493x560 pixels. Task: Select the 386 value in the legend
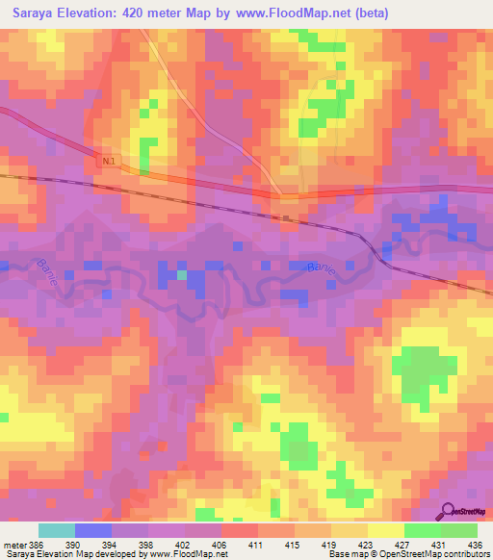click(31, 546)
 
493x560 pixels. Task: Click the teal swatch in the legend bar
click(57, 530)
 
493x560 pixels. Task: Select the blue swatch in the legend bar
click(93, 530)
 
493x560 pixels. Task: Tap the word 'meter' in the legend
click(12, 546)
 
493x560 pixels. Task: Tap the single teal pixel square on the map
click(180, 275)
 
